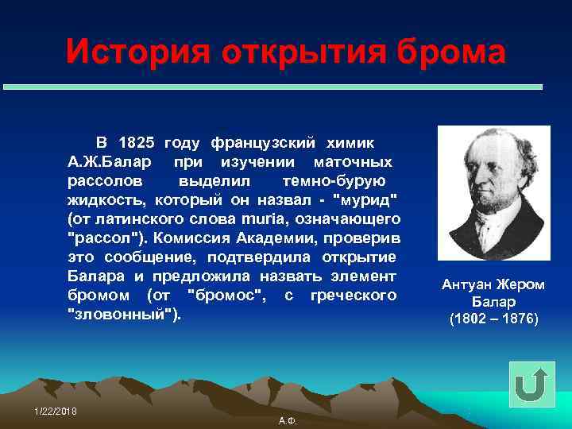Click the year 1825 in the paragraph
[x=136, y=143]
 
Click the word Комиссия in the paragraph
[x=191, y=238]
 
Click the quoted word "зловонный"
[x=126, y=314]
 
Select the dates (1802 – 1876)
[x=493, y=319]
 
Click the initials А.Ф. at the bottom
[x=288, y=420]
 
